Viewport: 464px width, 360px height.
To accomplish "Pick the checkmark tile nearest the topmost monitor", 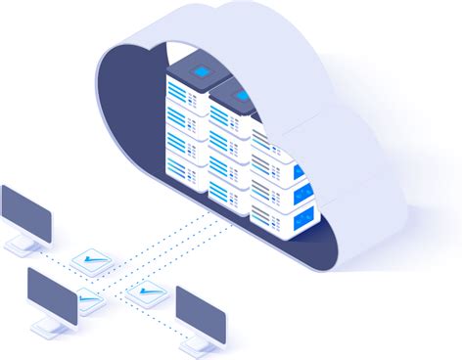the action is [x=94, y=260].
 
